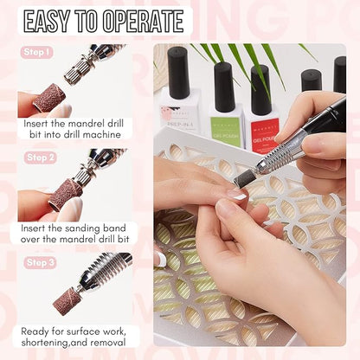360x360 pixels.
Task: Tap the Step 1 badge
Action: tap(38, 52)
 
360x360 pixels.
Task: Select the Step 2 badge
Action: tap(40, 157)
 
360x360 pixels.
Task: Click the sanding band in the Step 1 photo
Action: tap(49, 97)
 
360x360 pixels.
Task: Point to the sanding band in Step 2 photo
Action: tap(64, 193)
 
